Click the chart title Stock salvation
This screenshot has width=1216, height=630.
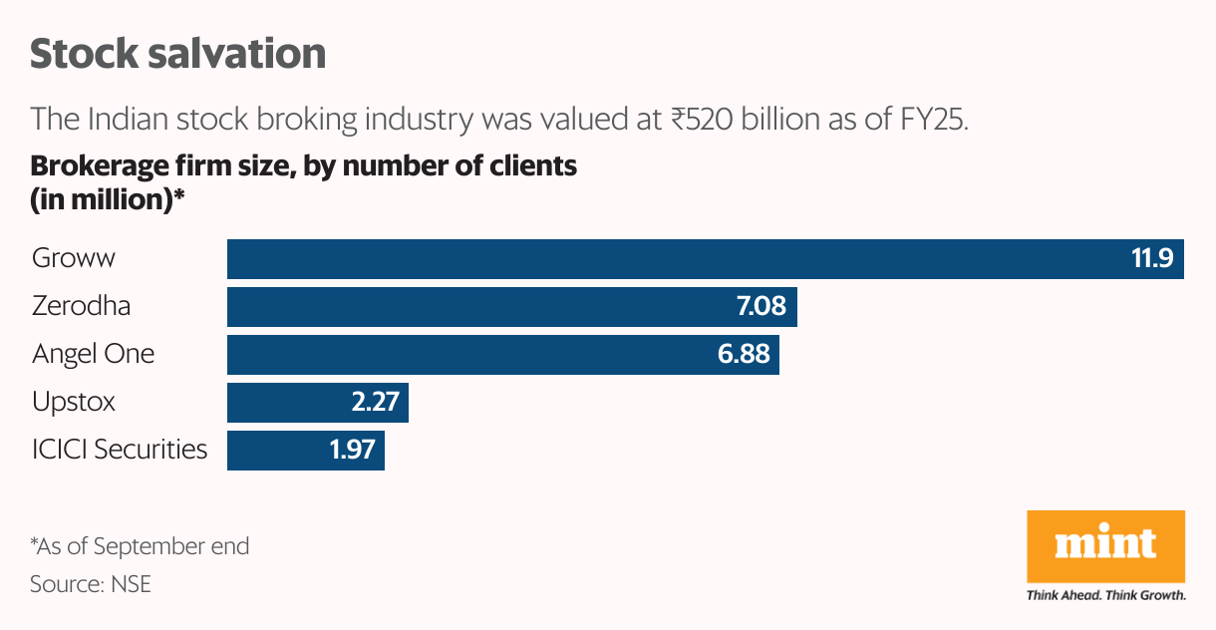pos(177,54)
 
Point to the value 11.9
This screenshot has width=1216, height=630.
pos(1152,259)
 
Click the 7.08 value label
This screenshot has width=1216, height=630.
pos(760,307)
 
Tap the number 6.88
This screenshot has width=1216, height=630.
pos(744,355)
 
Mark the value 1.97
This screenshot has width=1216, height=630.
pos(352,451)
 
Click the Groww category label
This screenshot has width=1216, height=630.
pos(74,258)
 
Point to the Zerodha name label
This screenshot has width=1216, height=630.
pos(81,306)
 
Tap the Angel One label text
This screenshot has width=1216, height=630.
pos(93,354)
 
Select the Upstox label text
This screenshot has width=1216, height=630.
pos(74,402)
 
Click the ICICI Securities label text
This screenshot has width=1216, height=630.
pos(120,450)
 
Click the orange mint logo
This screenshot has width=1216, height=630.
pos(1105,546)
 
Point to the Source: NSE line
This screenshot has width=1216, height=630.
pos(91,584)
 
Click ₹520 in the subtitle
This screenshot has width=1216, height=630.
pos(698,120)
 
